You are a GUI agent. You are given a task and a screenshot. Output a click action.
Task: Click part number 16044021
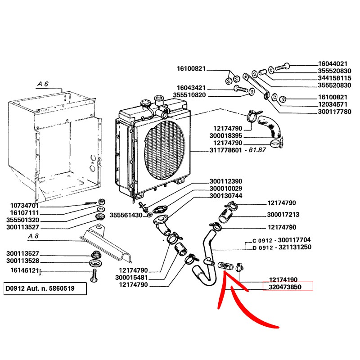(x=333, y=64)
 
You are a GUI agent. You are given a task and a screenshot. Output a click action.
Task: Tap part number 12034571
(x=333, y=104)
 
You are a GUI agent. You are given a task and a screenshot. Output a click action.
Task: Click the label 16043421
(x=191, y=87)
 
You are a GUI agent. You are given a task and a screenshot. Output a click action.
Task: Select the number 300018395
(x=226, y=135)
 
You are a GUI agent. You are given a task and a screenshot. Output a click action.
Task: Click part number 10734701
(x=25, y=205)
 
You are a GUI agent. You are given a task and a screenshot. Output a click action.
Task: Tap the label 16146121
(x=23, y=271)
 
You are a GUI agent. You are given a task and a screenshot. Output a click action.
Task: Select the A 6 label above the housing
(x=43, y=84)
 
